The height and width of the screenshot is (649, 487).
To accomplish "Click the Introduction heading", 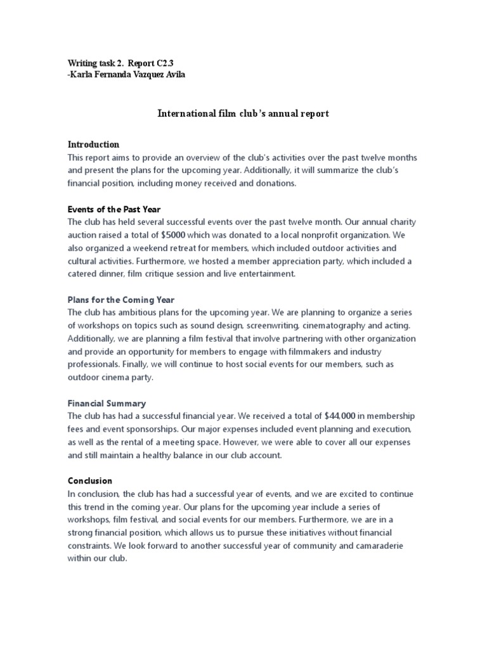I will (x=93, y=144).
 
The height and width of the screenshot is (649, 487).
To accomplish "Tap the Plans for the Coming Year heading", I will (x=120, y=299).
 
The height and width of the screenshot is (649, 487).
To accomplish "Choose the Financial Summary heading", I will (x=107, y=402).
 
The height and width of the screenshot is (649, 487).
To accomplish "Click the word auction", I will (x=82, y=235).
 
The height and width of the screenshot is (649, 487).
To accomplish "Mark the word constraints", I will (x=91, y=545).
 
